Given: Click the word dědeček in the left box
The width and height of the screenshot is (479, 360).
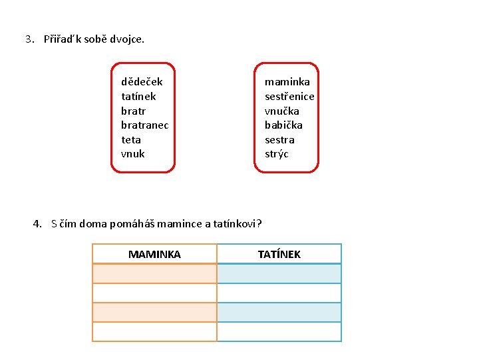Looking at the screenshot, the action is pos(142,82).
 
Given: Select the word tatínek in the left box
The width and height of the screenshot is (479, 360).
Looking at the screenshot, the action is pos(138,96).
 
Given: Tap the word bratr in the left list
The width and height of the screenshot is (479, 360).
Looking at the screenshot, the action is pos(133,111).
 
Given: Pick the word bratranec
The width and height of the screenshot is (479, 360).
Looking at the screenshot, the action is pos(145,125).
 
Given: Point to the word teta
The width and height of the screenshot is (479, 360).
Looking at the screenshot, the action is pos(131,140).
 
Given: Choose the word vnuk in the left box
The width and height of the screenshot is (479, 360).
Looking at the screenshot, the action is pos(132,154).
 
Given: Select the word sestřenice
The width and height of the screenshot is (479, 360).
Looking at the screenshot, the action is pos(289,96).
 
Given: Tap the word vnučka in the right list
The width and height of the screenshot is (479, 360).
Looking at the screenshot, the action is pos(282,111).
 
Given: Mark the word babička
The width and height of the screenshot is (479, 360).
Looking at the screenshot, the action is pos(283,125).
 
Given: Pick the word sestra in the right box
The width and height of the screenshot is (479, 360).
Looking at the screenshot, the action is pos(279,140).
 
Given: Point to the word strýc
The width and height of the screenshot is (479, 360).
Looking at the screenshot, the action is pos(277,154).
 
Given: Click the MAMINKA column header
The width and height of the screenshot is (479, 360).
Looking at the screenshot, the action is pos(154,254).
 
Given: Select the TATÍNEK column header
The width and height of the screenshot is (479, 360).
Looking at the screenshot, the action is pos(279,254).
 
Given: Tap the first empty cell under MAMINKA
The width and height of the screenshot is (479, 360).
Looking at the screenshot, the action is pos(154,273).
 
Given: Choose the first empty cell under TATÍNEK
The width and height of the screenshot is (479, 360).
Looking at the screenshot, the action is pos(279,273).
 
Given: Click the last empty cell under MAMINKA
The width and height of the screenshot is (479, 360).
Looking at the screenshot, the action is pos(154,331).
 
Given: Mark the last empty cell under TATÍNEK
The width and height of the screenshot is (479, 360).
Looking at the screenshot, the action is pos(279,331).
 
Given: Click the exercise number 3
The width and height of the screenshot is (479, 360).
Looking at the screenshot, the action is pos(29,39).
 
